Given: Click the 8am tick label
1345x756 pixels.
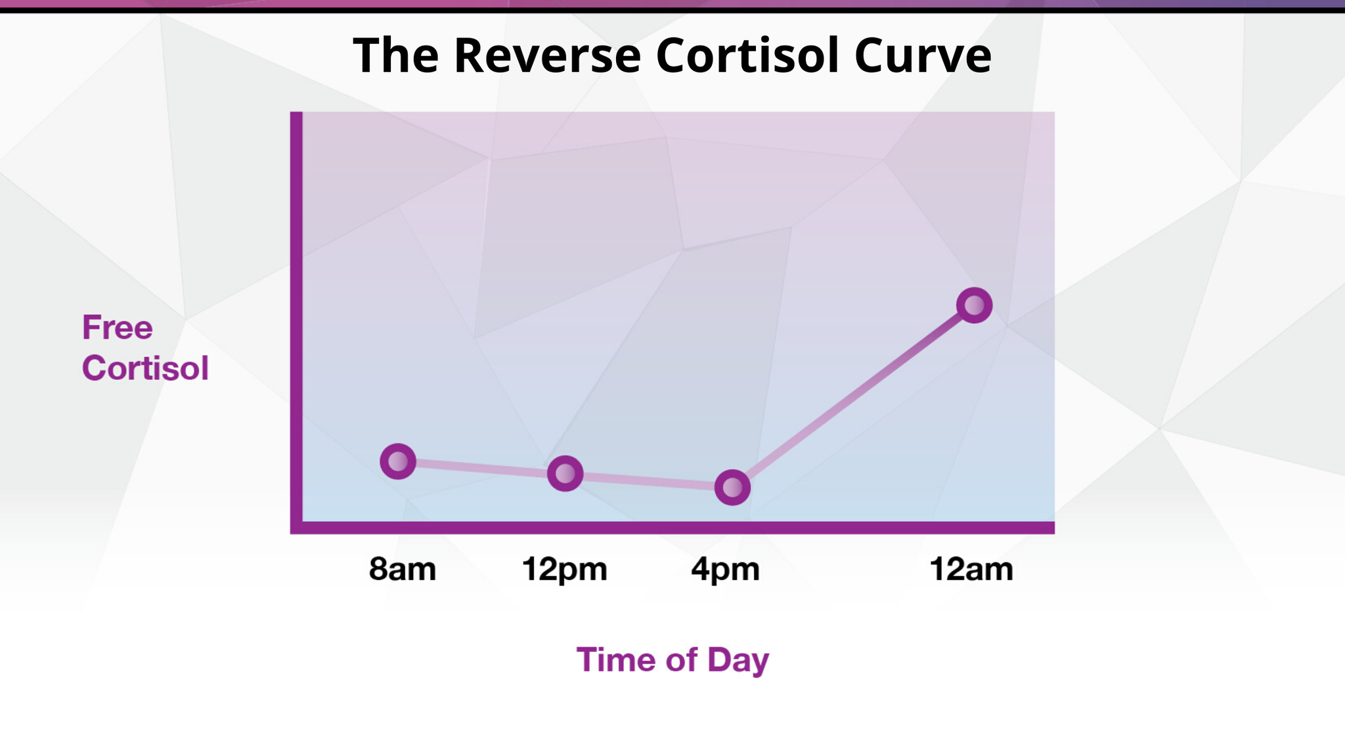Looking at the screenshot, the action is click(x=402, y=570).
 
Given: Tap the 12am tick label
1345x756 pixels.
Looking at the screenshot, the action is click(x=971, y=570).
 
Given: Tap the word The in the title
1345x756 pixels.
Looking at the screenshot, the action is click(x=396, y=55).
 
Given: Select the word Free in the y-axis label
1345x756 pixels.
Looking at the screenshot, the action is click(x=117, y=327).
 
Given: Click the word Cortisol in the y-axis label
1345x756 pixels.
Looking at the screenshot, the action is click(x=145, y=367).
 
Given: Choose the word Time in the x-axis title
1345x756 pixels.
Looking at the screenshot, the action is click(x=617, y=660).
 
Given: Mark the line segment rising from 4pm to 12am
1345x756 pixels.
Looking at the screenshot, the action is click(x=853, y=396).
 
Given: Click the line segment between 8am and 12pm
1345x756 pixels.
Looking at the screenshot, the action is click(x=481, y=467).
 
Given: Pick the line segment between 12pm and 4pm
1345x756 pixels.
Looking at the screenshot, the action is click(x=649, y=480).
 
